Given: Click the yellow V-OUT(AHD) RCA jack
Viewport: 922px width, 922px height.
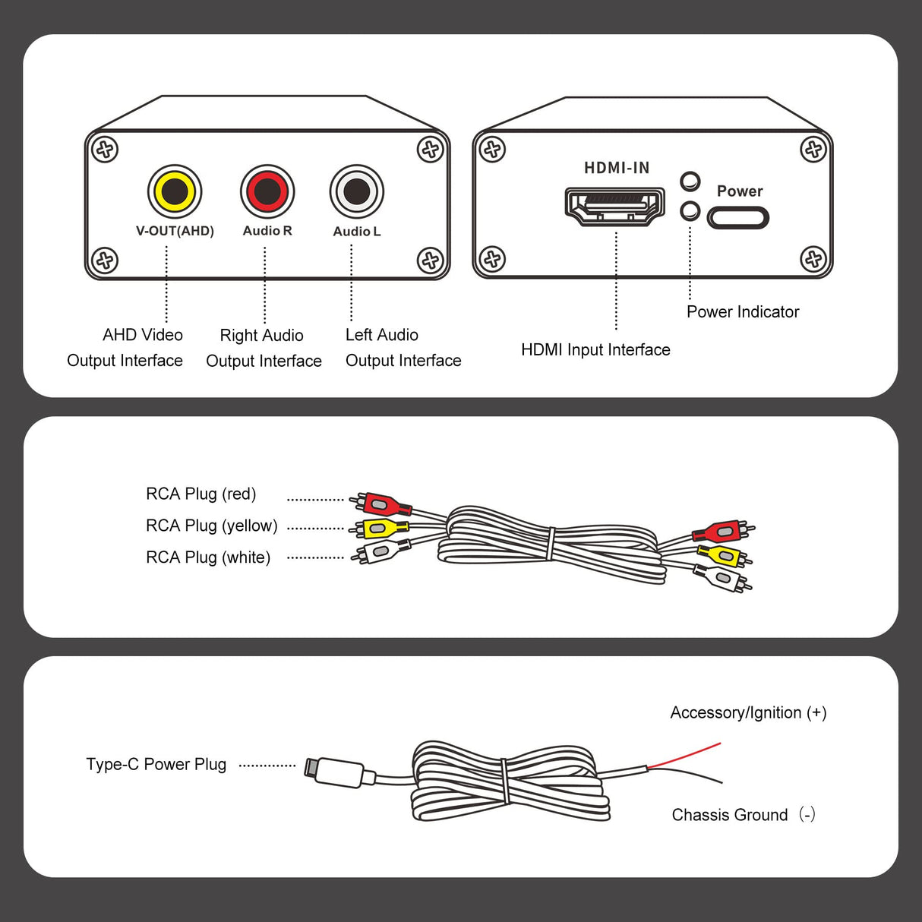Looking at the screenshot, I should point(174,191).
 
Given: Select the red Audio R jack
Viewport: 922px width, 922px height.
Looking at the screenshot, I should point(267,191).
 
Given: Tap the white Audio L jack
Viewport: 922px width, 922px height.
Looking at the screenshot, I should point(356,191).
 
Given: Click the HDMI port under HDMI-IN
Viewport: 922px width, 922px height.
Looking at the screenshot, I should point(615,205).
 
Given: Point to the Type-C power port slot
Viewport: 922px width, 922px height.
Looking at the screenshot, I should point(737,219).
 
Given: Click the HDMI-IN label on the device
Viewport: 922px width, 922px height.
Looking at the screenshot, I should point(616,168).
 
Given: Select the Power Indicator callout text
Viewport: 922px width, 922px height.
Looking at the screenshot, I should point(742,312).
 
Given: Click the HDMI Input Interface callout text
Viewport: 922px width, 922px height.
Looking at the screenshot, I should point(595,350).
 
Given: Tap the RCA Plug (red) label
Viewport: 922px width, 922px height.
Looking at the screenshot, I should point(201,494).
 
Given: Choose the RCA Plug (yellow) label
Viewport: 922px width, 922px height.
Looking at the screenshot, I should point(211,526).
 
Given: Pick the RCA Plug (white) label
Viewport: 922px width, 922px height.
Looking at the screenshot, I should point(207,557).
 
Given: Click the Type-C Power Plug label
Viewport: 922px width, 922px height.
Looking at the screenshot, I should point(156,765).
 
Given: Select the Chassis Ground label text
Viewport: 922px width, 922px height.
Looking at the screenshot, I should point(730,815).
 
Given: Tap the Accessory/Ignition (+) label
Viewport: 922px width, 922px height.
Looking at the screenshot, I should point(747,713).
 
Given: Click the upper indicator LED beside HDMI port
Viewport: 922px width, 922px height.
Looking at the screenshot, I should point(690,182).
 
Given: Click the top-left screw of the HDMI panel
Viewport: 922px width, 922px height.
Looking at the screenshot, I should point(492,149).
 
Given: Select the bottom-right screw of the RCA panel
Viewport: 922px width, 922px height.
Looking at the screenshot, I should point(430,260).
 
